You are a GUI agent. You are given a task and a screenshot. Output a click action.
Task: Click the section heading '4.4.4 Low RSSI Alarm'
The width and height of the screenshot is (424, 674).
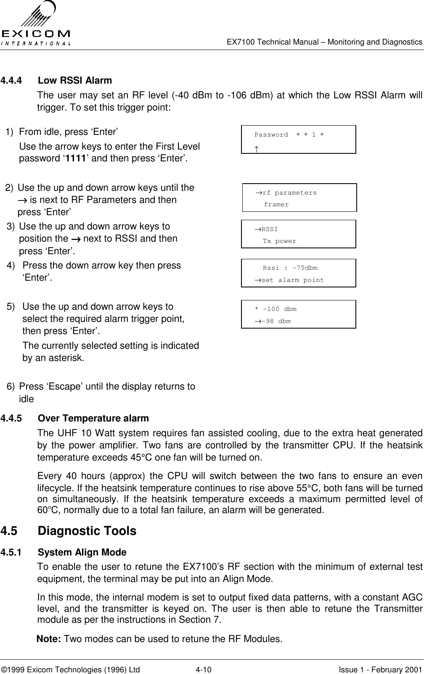pyautogui.click(x=56, y=80)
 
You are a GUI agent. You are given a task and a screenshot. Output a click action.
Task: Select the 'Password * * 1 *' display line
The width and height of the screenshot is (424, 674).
pyautogui.click(x=289, y=135)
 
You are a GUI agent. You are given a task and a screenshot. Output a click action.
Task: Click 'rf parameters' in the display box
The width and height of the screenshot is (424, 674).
pyautogui.click(x=289, y=193)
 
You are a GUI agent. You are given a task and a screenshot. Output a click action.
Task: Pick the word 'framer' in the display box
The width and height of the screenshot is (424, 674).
pyautogui.click(x=276, y=205)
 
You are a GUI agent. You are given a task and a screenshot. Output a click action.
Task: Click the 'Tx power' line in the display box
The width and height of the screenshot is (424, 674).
pyautogui.click(x=279, y=241)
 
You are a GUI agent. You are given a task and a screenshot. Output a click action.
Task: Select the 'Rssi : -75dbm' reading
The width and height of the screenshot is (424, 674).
pyautogui.click(x=290, y=268)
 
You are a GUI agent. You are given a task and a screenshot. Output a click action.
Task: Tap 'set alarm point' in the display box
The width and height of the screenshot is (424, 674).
pyautogui.click(x=292, y=280)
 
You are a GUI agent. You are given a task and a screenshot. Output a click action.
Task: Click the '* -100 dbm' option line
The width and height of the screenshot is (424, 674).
pyautogui.click(x=276, y=309)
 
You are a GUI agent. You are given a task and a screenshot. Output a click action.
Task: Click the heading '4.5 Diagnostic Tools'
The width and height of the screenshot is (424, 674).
pyautogui.click(x=69, y=531)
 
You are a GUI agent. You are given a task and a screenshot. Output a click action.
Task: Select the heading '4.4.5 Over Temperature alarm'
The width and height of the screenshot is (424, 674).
pyautogui.click(x=75, y=419)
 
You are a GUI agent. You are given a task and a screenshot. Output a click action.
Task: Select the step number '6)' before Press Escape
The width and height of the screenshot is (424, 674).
pyautogui.click(x=13, y=386)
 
